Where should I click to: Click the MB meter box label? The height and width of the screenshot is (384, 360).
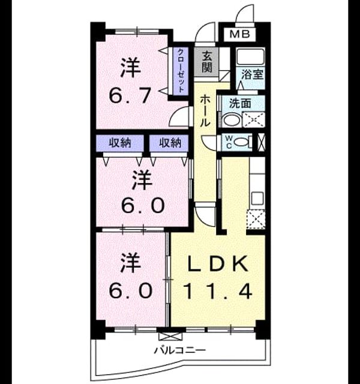click(240, 34)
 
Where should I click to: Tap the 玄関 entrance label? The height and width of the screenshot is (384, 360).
click(206, 62)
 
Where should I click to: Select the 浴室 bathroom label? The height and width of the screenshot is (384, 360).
click(252, 74)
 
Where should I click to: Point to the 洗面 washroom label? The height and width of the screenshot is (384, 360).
click(240, 104)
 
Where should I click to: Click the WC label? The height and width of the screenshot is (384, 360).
click(229, 142)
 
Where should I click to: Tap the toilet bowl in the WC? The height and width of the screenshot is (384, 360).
click(242, 142)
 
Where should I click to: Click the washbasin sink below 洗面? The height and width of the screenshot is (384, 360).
click(232, 120)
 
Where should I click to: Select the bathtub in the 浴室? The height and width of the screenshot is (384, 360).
click(250, 57)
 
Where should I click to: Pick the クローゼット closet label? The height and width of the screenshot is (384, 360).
click(181, 71)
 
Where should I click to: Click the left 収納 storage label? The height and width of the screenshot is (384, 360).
click(120, 143)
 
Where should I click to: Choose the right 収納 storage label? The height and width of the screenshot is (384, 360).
click(170, 143)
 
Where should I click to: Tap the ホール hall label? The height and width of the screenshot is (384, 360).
click(205, 112)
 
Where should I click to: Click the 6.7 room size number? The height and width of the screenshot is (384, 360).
click(130, 96)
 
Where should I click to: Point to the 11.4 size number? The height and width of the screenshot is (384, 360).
click(218, 291)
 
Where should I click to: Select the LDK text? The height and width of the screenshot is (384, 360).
click(218, 263)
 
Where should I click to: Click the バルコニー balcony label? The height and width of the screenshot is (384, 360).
click(180, 350)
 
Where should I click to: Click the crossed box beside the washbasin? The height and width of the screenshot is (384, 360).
click(254, 120)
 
